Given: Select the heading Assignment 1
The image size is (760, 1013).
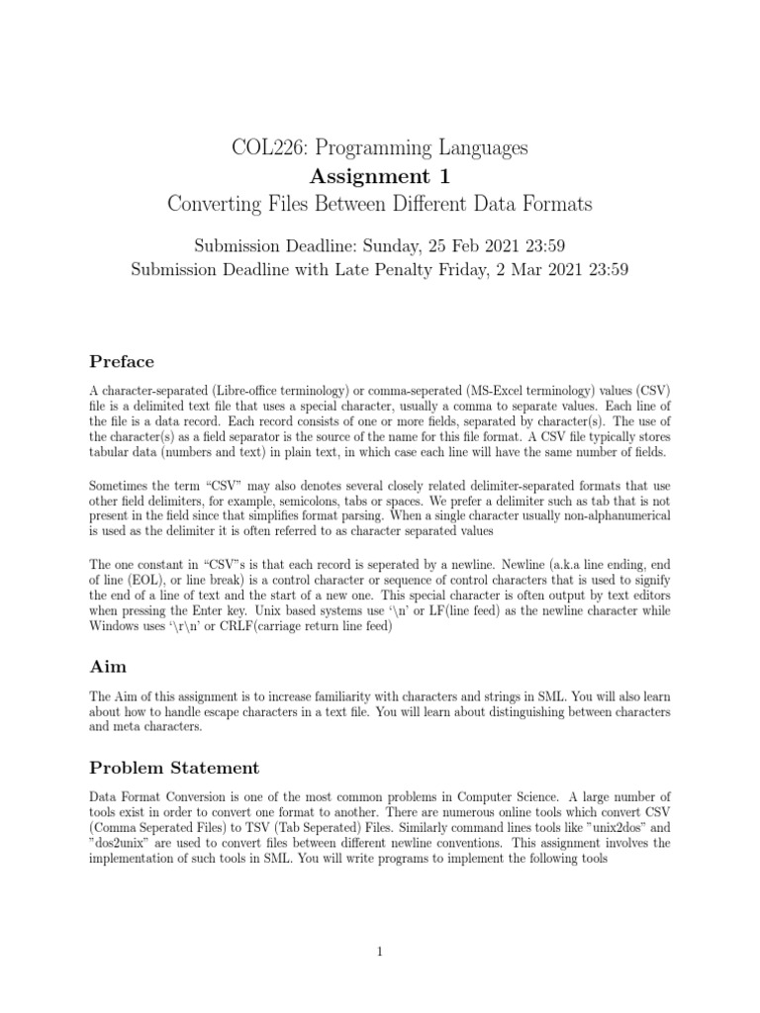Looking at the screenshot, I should [380, 177].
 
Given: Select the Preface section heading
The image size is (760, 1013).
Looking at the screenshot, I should [122, 361].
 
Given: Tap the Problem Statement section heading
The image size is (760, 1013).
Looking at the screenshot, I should [174, 768].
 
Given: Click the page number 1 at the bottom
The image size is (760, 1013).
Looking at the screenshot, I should [380, 952].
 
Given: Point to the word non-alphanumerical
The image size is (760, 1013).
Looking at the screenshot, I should [612, 515].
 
